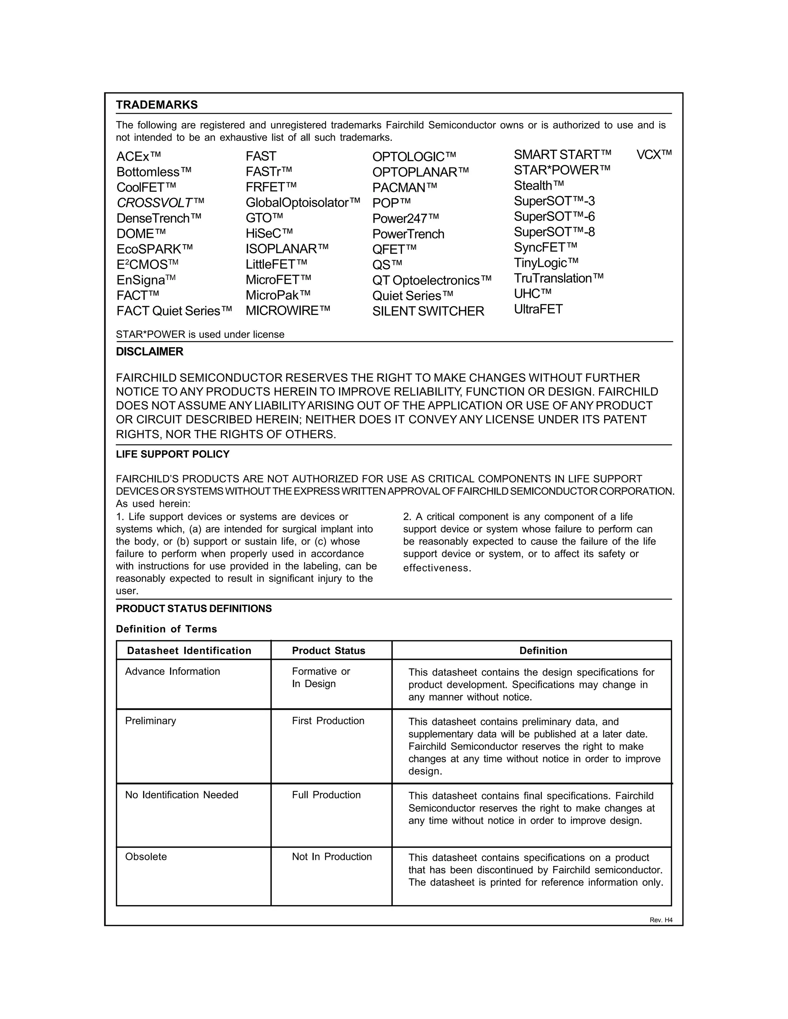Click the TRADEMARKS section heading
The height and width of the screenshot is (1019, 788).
157,105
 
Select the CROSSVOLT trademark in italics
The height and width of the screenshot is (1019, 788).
160,203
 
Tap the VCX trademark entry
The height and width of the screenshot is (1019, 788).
654,155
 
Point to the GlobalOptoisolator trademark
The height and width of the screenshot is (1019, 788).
303,203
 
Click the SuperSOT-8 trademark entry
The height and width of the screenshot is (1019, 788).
554,232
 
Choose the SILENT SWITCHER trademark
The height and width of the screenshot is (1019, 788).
428,311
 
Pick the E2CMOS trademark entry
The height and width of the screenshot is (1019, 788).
147,265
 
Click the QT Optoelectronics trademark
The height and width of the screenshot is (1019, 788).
432,280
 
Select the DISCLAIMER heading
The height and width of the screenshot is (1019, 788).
149,352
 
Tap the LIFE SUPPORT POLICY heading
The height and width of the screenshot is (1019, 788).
173,455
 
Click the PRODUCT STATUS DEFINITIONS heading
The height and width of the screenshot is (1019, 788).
194,609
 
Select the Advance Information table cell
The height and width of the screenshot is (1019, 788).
173,671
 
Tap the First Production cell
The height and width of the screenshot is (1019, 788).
328,721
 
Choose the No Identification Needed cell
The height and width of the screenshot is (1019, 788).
182,795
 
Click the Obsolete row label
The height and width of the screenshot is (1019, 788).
146,857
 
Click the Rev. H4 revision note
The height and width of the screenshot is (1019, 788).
661,920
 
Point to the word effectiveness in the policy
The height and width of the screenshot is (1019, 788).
437,568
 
